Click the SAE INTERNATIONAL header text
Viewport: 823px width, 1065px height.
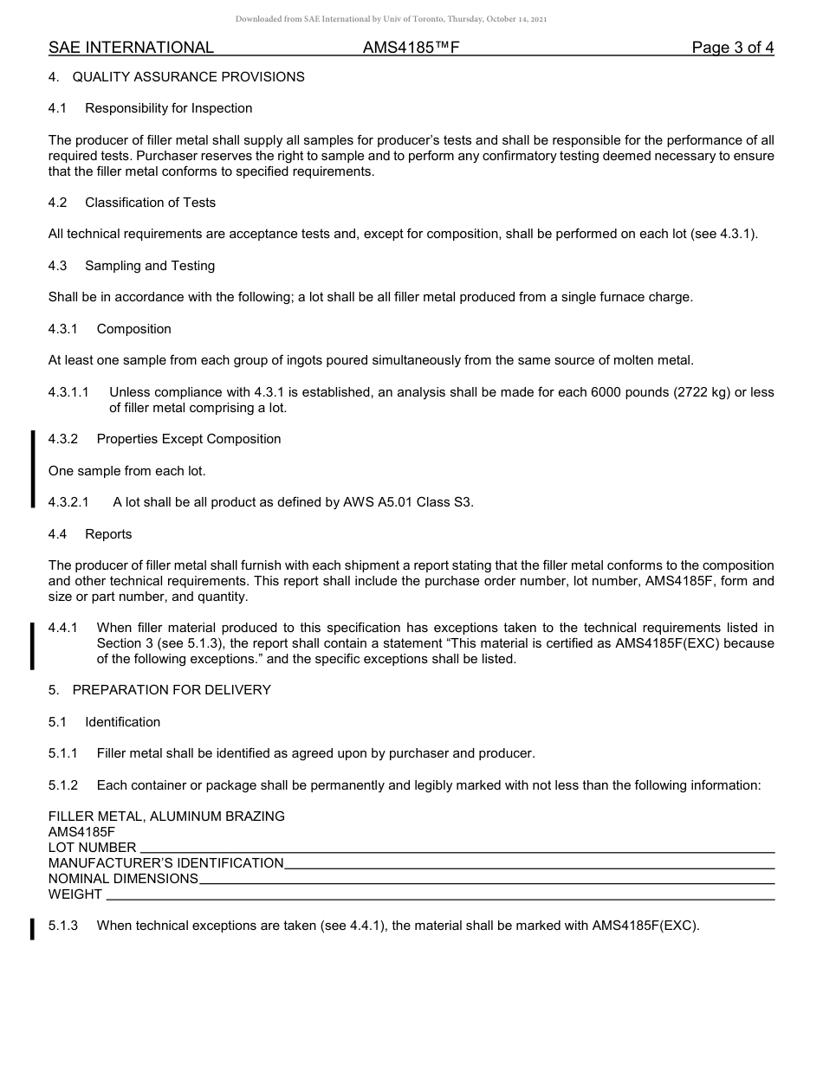click(131, 48)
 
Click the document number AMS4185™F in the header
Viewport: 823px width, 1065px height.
click(411, 48)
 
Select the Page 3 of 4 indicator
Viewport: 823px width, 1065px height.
click(732, 48)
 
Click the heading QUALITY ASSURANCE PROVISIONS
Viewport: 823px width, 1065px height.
click(188, 77)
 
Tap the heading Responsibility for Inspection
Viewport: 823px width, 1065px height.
click(168, 108)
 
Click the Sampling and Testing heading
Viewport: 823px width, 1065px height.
click(149, 266)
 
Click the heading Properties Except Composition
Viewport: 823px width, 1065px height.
click(189, 439)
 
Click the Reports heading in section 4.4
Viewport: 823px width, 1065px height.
click(108, 534)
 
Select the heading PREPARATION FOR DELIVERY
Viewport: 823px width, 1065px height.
click(172, 690)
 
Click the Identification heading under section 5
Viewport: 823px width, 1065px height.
click(122, 722)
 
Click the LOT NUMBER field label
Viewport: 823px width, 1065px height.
click(92, 848)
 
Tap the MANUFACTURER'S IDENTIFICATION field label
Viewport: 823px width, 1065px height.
click(165, 863)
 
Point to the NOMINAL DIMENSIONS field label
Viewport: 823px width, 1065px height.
click(123, 879)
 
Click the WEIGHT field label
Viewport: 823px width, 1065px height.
click(75, 894)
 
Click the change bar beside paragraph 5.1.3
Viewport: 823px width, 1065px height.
click(33, 928)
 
